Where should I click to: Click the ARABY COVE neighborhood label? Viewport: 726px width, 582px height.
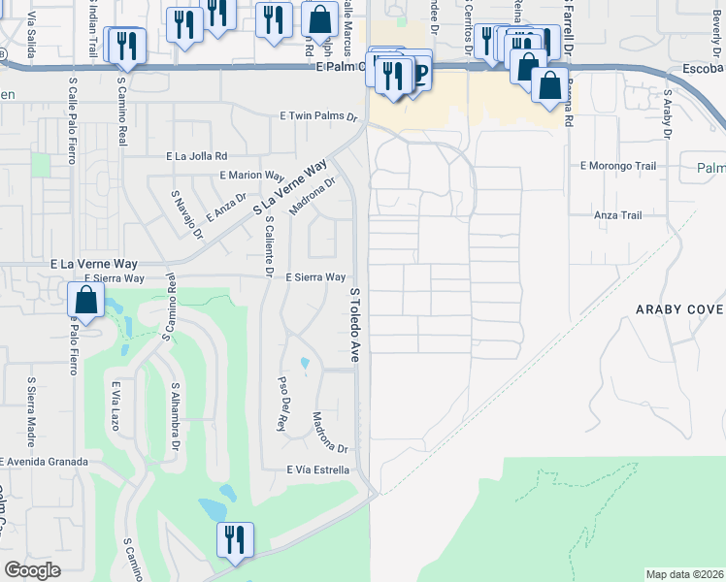point(679,309)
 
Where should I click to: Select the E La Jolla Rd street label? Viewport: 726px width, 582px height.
point(196,155)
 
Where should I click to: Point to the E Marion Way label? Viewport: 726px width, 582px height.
point(251,176)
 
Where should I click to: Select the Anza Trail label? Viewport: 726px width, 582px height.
point(618,215)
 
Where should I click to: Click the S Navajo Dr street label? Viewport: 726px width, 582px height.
point(187,214)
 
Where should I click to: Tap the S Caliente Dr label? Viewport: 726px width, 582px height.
point(269,244)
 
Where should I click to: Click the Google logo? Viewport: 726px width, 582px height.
point(33,570)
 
